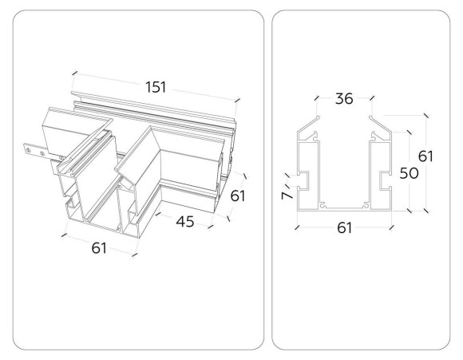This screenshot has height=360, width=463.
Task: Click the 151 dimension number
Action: coord(156,87)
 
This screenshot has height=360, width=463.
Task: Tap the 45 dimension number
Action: coord(185,221)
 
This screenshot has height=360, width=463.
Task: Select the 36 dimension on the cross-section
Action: coord(344,99)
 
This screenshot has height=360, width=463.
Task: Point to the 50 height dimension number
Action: coord(409,173)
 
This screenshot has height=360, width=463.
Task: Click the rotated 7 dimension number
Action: coord(287,196)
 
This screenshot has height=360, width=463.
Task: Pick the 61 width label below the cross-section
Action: coord(345,228)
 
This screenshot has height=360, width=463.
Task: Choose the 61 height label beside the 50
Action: coord(425,156)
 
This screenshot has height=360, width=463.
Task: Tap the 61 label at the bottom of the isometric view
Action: coord(99,248)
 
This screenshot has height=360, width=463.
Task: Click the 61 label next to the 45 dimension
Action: coord(238,196)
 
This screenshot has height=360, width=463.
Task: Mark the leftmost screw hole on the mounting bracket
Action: coord(29,150)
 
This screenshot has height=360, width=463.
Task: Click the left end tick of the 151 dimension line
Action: coord(75,73)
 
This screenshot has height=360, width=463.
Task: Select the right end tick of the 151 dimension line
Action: coord(237,101)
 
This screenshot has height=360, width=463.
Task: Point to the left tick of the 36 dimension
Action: coord(317,97)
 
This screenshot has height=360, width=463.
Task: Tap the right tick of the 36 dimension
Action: coord(372,97)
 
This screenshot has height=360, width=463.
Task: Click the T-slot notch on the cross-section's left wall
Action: coord(303,180)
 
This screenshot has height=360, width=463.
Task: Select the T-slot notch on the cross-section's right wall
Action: coord(386,180)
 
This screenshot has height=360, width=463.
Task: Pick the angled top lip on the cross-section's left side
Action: coord(309,125)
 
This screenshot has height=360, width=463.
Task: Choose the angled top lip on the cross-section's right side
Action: coord(380,125)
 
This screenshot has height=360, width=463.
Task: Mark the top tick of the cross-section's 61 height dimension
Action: coord(425,115)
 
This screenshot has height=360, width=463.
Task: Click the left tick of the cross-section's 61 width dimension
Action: coord(297,227)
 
